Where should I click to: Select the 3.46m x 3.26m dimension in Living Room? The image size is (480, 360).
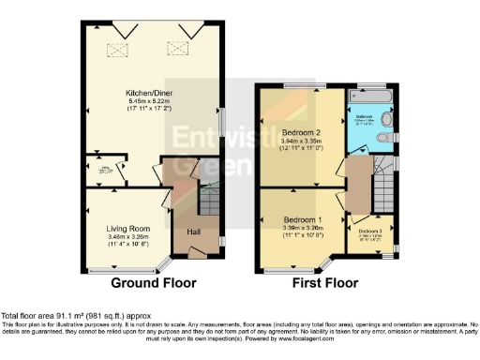coord(128,237)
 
